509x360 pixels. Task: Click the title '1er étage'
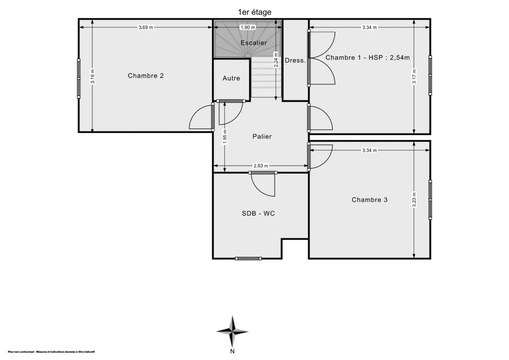point(255,12)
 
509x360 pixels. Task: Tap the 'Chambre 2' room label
point(145,76)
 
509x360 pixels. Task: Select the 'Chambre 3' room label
point(369,200)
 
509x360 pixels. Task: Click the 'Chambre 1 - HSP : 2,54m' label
point(367,58)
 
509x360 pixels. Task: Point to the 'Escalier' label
point(253,43)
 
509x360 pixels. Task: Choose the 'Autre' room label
point(231,78)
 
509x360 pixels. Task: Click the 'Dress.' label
point(295,61)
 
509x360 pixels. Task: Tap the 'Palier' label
point(262,137)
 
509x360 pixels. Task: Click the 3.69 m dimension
point(145,28)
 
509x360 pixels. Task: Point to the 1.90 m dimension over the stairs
point(248,28)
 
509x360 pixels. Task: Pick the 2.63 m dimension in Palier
point(261,166)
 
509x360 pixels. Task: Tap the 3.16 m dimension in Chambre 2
point(92,77)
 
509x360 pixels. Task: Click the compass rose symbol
point(232,331)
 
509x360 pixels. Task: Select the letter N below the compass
point(232,351)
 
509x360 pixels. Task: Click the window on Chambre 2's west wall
point(78,78)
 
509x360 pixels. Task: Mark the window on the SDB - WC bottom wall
point(249,258)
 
